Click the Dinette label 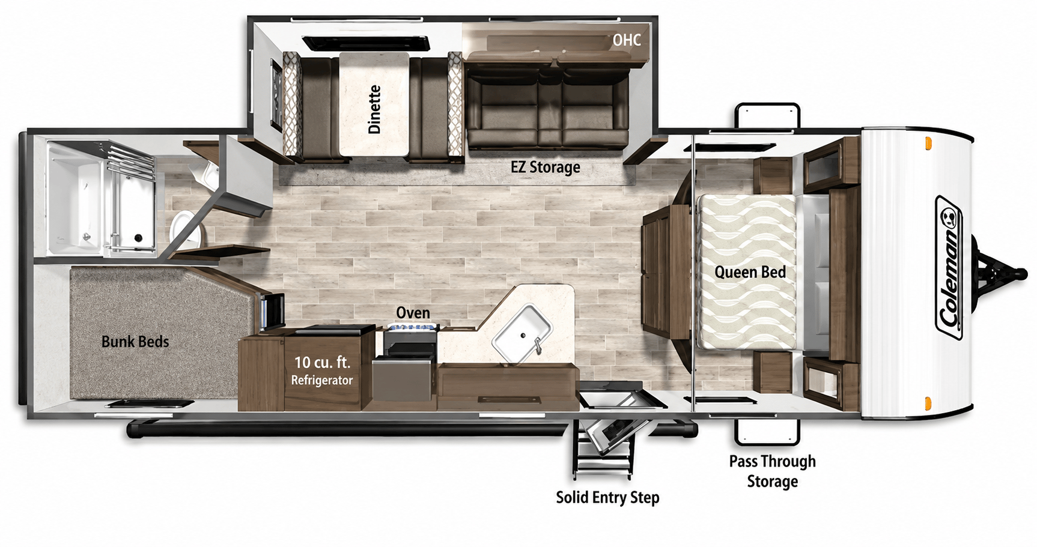374,109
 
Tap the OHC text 627,40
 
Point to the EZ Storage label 546,167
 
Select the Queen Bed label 750,273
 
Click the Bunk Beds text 135,342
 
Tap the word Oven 413,313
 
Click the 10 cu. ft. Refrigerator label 322,370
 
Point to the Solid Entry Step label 607,498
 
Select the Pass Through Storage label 773,471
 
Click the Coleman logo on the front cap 950,268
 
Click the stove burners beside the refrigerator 412,327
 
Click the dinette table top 374,104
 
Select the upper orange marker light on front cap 928,144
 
